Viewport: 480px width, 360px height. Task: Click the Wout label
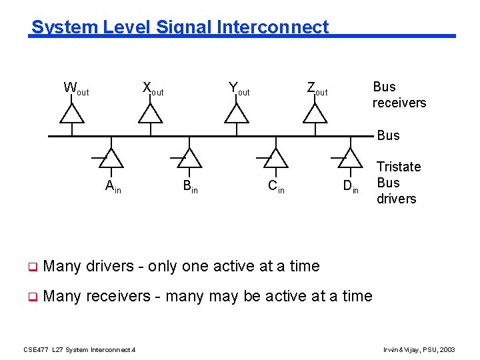pos(75,88)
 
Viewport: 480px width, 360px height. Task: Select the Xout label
pos(153,88)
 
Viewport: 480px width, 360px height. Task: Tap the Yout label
pos(239,88)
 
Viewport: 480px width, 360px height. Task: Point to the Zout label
pos(317,88)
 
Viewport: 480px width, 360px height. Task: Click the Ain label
pos(113,187)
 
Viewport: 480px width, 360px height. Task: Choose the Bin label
pos(190,187)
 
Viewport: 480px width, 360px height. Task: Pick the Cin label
pos(276,187)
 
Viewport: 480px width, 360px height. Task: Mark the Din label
pos(351,187)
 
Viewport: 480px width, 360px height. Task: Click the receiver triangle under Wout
pos(72,115)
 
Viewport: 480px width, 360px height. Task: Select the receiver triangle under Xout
pos(150,115)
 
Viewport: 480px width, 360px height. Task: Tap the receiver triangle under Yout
pos(236,115)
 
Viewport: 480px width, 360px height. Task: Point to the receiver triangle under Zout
pos(315,115)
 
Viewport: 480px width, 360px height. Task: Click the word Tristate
pos(399,167)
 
